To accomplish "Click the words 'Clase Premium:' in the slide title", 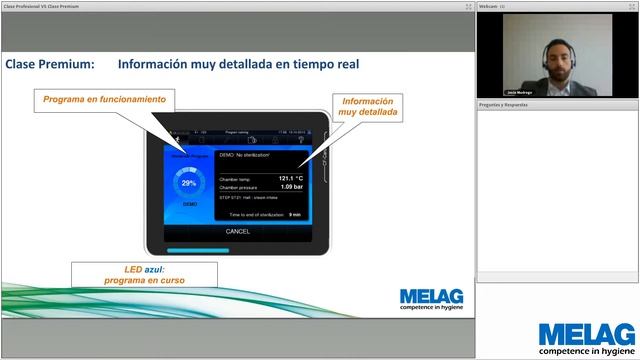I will pyautogui.click(x=50, y=64).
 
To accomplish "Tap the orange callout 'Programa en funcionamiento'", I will pyautogui.click(x=104, y=99).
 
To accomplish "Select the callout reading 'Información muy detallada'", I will pyautogui.click(x=367, y=108).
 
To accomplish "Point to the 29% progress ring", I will pyautogui.click(x=189, y=184).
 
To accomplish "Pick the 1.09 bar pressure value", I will pyautogui.click(x=292, y=187).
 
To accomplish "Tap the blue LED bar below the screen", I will pyautogui.click(x=198, y=250).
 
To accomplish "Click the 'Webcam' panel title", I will pyautogui.click(x=489, y=6).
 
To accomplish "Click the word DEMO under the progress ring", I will pyautogui.click(x=189, y=204).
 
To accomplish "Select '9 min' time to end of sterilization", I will pyautogui.click(x=295, y=214).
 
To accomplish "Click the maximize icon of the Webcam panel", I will pyautogui.click(x=632, y=6).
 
